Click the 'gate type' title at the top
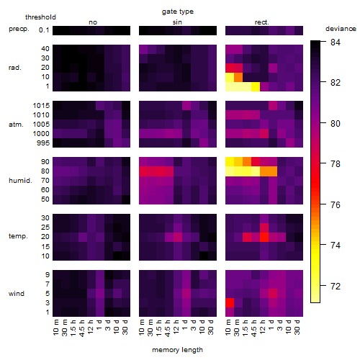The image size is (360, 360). coord(178,12)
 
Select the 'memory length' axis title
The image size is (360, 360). coord(177,350)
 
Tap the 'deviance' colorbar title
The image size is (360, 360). coord(341,29)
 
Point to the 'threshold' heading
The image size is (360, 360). coord(40,17)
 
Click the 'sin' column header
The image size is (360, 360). coord(177,22)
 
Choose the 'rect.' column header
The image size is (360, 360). coord(261,22)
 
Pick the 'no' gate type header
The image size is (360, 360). coord(93,22)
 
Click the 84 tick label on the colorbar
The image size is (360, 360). coord(336,42)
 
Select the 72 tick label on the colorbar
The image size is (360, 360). coord(336,286)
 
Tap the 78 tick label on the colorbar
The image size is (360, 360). coord(336,164)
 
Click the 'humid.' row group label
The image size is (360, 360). coord(20,181)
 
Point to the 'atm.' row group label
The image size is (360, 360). coord(16,125)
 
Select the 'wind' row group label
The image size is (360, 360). coord(17,294)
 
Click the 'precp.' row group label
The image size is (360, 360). coord(19,29)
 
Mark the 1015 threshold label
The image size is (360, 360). coord(41,106)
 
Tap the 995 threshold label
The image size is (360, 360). coord(43,143)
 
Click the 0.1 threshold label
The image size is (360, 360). coord(44,30)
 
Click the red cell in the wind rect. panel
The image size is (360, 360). coord(230,302)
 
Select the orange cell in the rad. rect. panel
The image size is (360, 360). coord(238,77)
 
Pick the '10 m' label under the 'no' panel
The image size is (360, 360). coord(55,328)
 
